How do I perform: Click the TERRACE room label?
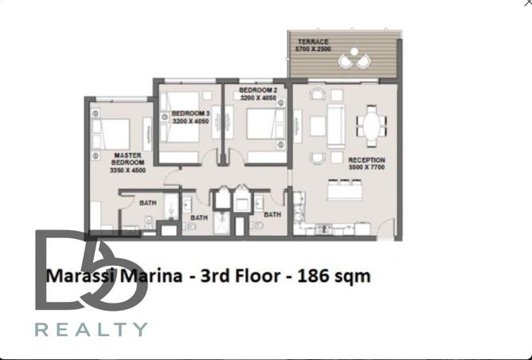[312, 41]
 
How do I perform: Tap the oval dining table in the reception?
[371, 125]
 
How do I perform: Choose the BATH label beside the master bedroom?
[148, 202]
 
